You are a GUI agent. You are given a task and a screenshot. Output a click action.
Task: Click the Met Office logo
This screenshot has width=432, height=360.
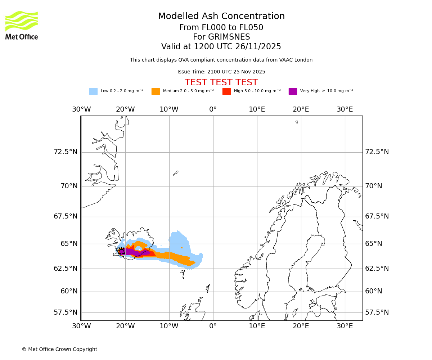pos(22,25)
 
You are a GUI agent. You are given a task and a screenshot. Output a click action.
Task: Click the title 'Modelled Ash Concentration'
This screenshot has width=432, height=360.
pos(221,16)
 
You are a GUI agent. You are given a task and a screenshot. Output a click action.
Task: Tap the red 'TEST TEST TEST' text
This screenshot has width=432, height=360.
pos(221,82)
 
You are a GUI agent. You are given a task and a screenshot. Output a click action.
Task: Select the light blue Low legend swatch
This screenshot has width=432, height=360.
pos(93,91)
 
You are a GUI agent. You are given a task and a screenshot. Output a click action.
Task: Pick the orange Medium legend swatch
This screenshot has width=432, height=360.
pos(156,91)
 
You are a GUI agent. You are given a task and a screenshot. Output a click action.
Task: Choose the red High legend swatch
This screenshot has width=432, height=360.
pos(226,91)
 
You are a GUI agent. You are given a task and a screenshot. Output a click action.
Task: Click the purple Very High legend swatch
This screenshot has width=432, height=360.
pos(293,91)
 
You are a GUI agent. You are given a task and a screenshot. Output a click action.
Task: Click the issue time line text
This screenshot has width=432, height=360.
pos(221,72)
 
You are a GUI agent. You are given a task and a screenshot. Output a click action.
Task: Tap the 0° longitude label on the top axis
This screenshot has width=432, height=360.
pos(213,109)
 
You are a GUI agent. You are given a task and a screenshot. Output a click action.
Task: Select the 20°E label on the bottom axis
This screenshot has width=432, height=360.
pos(301,326)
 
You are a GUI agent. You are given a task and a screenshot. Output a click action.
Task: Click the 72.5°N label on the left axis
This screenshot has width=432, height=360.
pos(66,152)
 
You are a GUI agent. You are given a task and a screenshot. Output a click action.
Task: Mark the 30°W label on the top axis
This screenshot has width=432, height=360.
pos(81,109)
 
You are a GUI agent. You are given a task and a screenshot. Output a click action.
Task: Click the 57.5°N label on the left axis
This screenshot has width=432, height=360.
pos(66,312)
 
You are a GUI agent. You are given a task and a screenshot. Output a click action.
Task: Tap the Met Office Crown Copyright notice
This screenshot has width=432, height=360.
pos(59,349)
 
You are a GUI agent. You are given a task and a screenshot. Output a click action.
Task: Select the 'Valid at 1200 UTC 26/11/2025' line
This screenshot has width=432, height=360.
pos(221,47)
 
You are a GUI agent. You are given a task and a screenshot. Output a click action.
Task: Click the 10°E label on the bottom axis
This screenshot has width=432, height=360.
pos(257,326)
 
